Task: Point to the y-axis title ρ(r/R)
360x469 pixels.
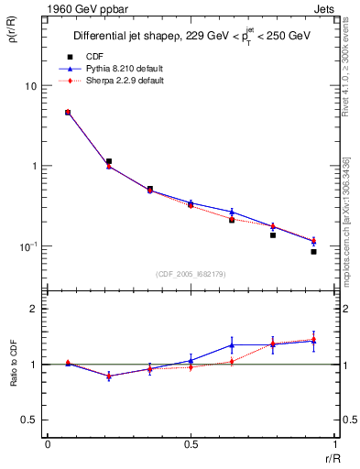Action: pos(14,36)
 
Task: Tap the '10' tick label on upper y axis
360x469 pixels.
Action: pos(29,86)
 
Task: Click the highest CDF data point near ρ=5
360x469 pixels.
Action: pos(68,113)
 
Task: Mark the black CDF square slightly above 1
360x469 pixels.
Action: pos(109,161)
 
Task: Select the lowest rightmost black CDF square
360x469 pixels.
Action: pos(313,251)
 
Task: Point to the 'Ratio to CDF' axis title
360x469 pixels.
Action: pos(14,365)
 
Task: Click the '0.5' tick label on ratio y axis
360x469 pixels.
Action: pos(28,420)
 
